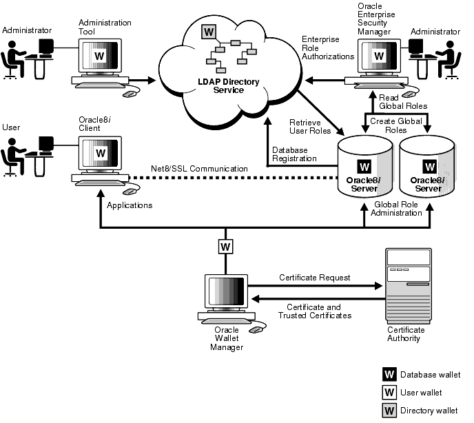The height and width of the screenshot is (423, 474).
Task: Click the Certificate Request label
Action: click(x=314, y=278)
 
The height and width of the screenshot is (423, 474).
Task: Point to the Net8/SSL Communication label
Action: click(x=199, y=169)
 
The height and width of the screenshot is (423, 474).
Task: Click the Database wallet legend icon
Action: click(x=389, y=374)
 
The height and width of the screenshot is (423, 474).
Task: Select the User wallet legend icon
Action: click(x=389, y=393)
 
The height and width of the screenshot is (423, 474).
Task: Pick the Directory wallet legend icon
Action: click(x=389, y=411)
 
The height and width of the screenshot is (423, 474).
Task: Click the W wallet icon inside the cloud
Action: click(x=207, y=32)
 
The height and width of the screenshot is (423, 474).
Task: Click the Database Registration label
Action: click(x=294, y=154)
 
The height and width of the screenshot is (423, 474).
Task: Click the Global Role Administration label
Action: click(x=398, y=208)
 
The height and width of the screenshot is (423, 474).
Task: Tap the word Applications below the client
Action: click(x=130, y=205)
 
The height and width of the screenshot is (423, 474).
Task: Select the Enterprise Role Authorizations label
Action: click(x=329, y=48)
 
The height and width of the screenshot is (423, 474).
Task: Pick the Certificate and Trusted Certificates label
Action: click(x=314, y=311)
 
